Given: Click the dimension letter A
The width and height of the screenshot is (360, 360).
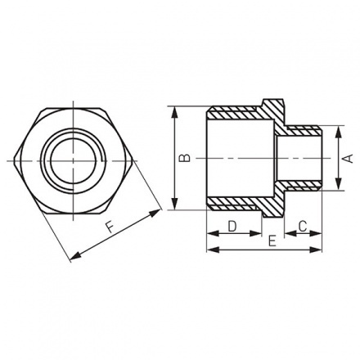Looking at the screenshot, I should tap(346, 159).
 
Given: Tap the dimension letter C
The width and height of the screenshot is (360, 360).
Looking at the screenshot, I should tap(301, 224).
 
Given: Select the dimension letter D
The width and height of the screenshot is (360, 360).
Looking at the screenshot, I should tap(232, 224).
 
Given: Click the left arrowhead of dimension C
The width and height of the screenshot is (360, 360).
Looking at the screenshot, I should tap(288, 232).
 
